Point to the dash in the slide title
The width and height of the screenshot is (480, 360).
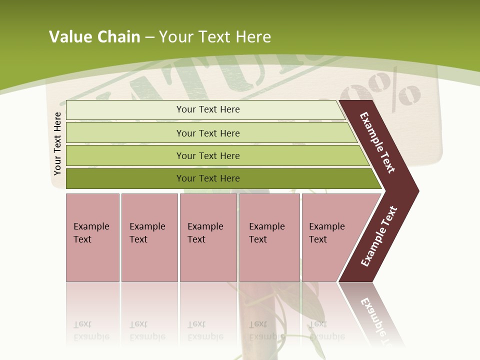point(149,37)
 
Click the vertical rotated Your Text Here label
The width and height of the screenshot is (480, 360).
point(57,143)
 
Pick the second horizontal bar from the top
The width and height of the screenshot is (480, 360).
point(208,133)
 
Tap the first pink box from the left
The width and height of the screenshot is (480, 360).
point(92,237)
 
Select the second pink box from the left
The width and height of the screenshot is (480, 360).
point(149,237)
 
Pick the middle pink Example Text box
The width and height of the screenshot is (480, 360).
point(208,237)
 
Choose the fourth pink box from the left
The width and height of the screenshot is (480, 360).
point(269,237)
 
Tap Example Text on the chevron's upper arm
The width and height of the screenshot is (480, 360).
point(377,142)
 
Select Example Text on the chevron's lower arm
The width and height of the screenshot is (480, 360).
point(378,236)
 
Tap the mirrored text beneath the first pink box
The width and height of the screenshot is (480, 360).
point(91,330)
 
